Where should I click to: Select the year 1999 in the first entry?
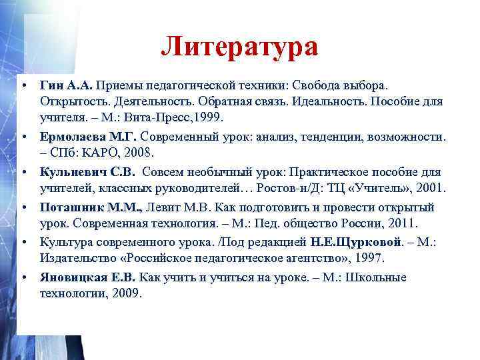pos(209,117)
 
